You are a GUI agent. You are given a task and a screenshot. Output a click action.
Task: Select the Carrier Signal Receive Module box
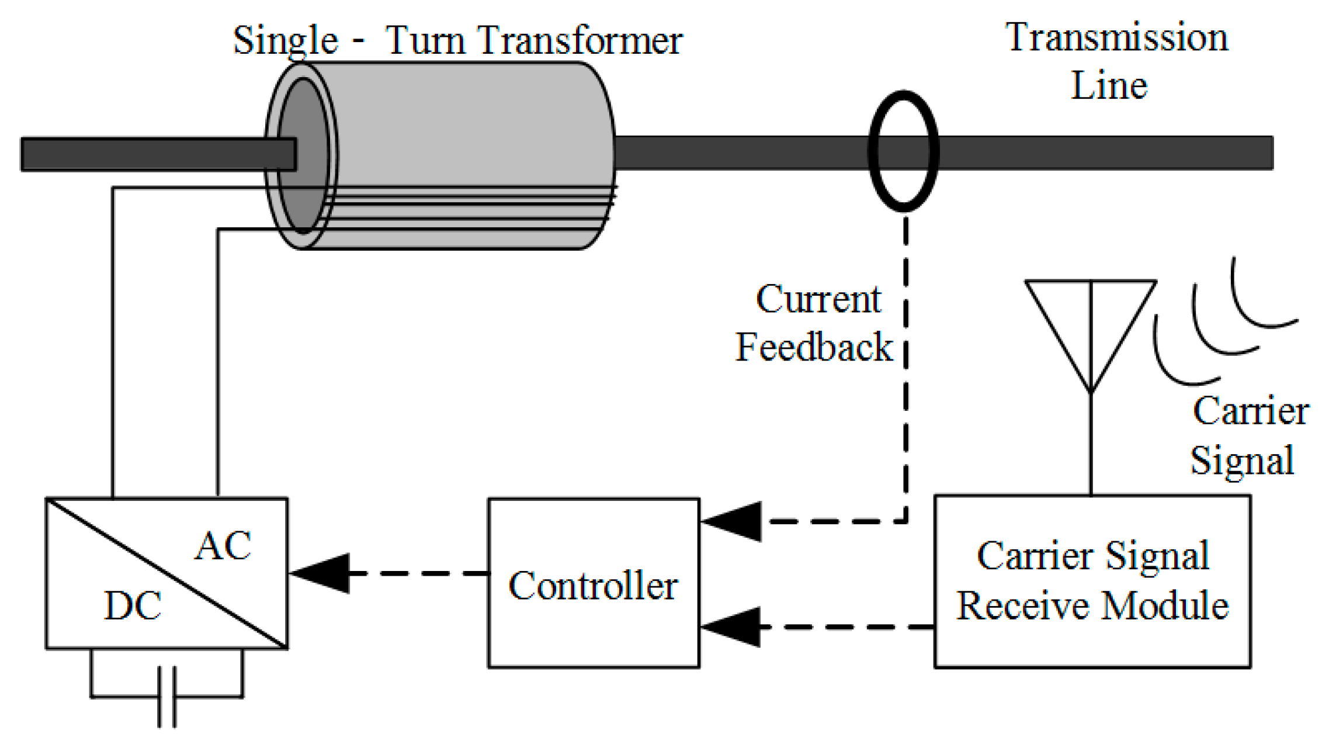click(1092, 582)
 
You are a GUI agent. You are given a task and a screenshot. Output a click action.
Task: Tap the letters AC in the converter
click(223, 546)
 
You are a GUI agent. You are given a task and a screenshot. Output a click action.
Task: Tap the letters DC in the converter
click(133, 605)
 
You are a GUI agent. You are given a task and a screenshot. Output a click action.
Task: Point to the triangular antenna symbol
click(1091, 327)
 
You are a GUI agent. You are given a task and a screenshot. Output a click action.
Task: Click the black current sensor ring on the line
click(903, 151)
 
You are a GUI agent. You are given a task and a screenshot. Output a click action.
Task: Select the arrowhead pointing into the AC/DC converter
click(321, 573)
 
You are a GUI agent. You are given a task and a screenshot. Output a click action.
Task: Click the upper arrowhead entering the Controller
click(734, 521)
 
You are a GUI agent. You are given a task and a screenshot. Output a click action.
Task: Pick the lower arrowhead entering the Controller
click(733, 627)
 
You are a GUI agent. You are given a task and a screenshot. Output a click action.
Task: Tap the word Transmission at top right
click(1116, 37)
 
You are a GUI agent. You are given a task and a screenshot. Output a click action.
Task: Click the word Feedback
click(814, 347)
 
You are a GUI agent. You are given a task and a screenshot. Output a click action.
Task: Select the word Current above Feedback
click(818, 299)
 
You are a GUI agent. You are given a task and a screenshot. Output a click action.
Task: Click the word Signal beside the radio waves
click(1242, 461)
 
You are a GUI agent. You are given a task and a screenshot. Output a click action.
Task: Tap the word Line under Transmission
click(1109, 86)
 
